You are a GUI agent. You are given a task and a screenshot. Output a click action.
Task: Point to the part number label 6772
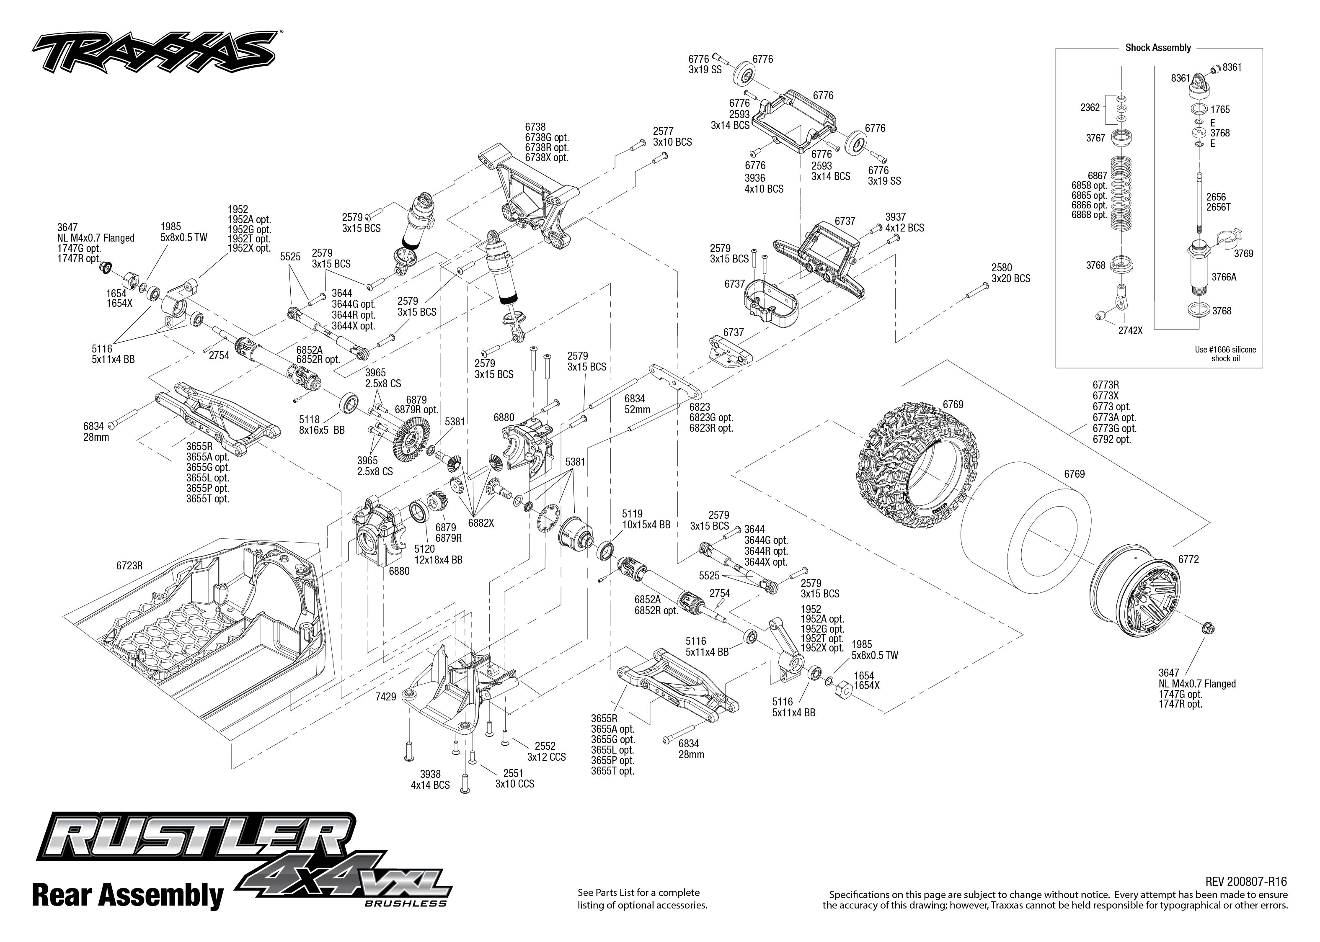coord(1188,560)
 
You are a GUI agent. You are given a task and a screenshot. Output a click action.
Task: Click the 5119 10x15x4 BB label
coord(646,519)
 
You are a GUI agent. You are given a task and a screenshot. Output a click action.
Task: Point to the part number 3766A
coord(1224,277)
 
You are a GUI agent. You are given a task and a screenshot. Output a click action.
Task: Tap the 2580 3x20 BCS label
coord(1011,273)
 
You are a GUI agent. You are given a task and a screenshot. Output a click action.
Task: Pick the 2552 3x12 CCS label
coord(545,752)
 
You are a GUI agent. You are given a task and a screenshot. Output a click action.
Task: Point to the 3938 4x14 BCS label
coord(430,780)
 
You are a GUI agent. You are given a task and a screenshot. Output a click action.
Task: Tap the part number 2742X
coord(1130,331)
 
